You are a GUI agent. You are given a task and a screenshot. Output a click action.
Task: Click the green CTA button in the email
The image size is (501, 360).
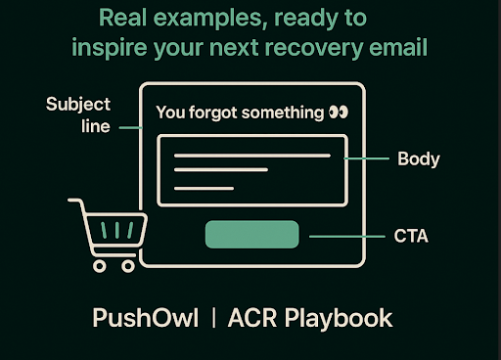point(251,235)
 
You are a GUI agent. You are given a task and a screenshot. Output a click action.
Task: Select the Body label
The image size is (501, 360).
point(418,157)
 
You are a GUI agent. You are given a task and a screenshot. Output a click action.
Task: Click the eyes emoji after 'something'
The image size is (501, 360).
point(339,112)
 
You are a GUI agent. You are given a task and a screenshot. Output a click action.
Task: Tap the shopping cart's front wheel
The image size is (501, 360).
point(99,264)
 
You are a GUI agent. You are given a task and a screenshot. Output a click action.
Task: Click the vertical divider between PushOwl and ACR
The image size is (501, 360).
point(215,318)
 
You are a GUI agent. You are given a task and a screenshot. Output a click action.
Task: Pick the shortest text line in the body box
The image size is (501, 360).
point(205,187)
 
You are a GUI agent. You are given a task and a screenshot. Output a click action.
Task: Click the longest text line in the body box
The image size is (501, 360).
point(252,155)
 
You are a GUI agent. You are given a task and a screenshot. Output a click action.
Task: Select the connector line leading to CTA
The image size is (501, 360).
point(342,236)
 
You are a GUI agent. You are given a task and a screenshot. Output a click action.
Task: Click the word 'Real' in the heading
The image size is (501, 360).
point(126,19)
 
